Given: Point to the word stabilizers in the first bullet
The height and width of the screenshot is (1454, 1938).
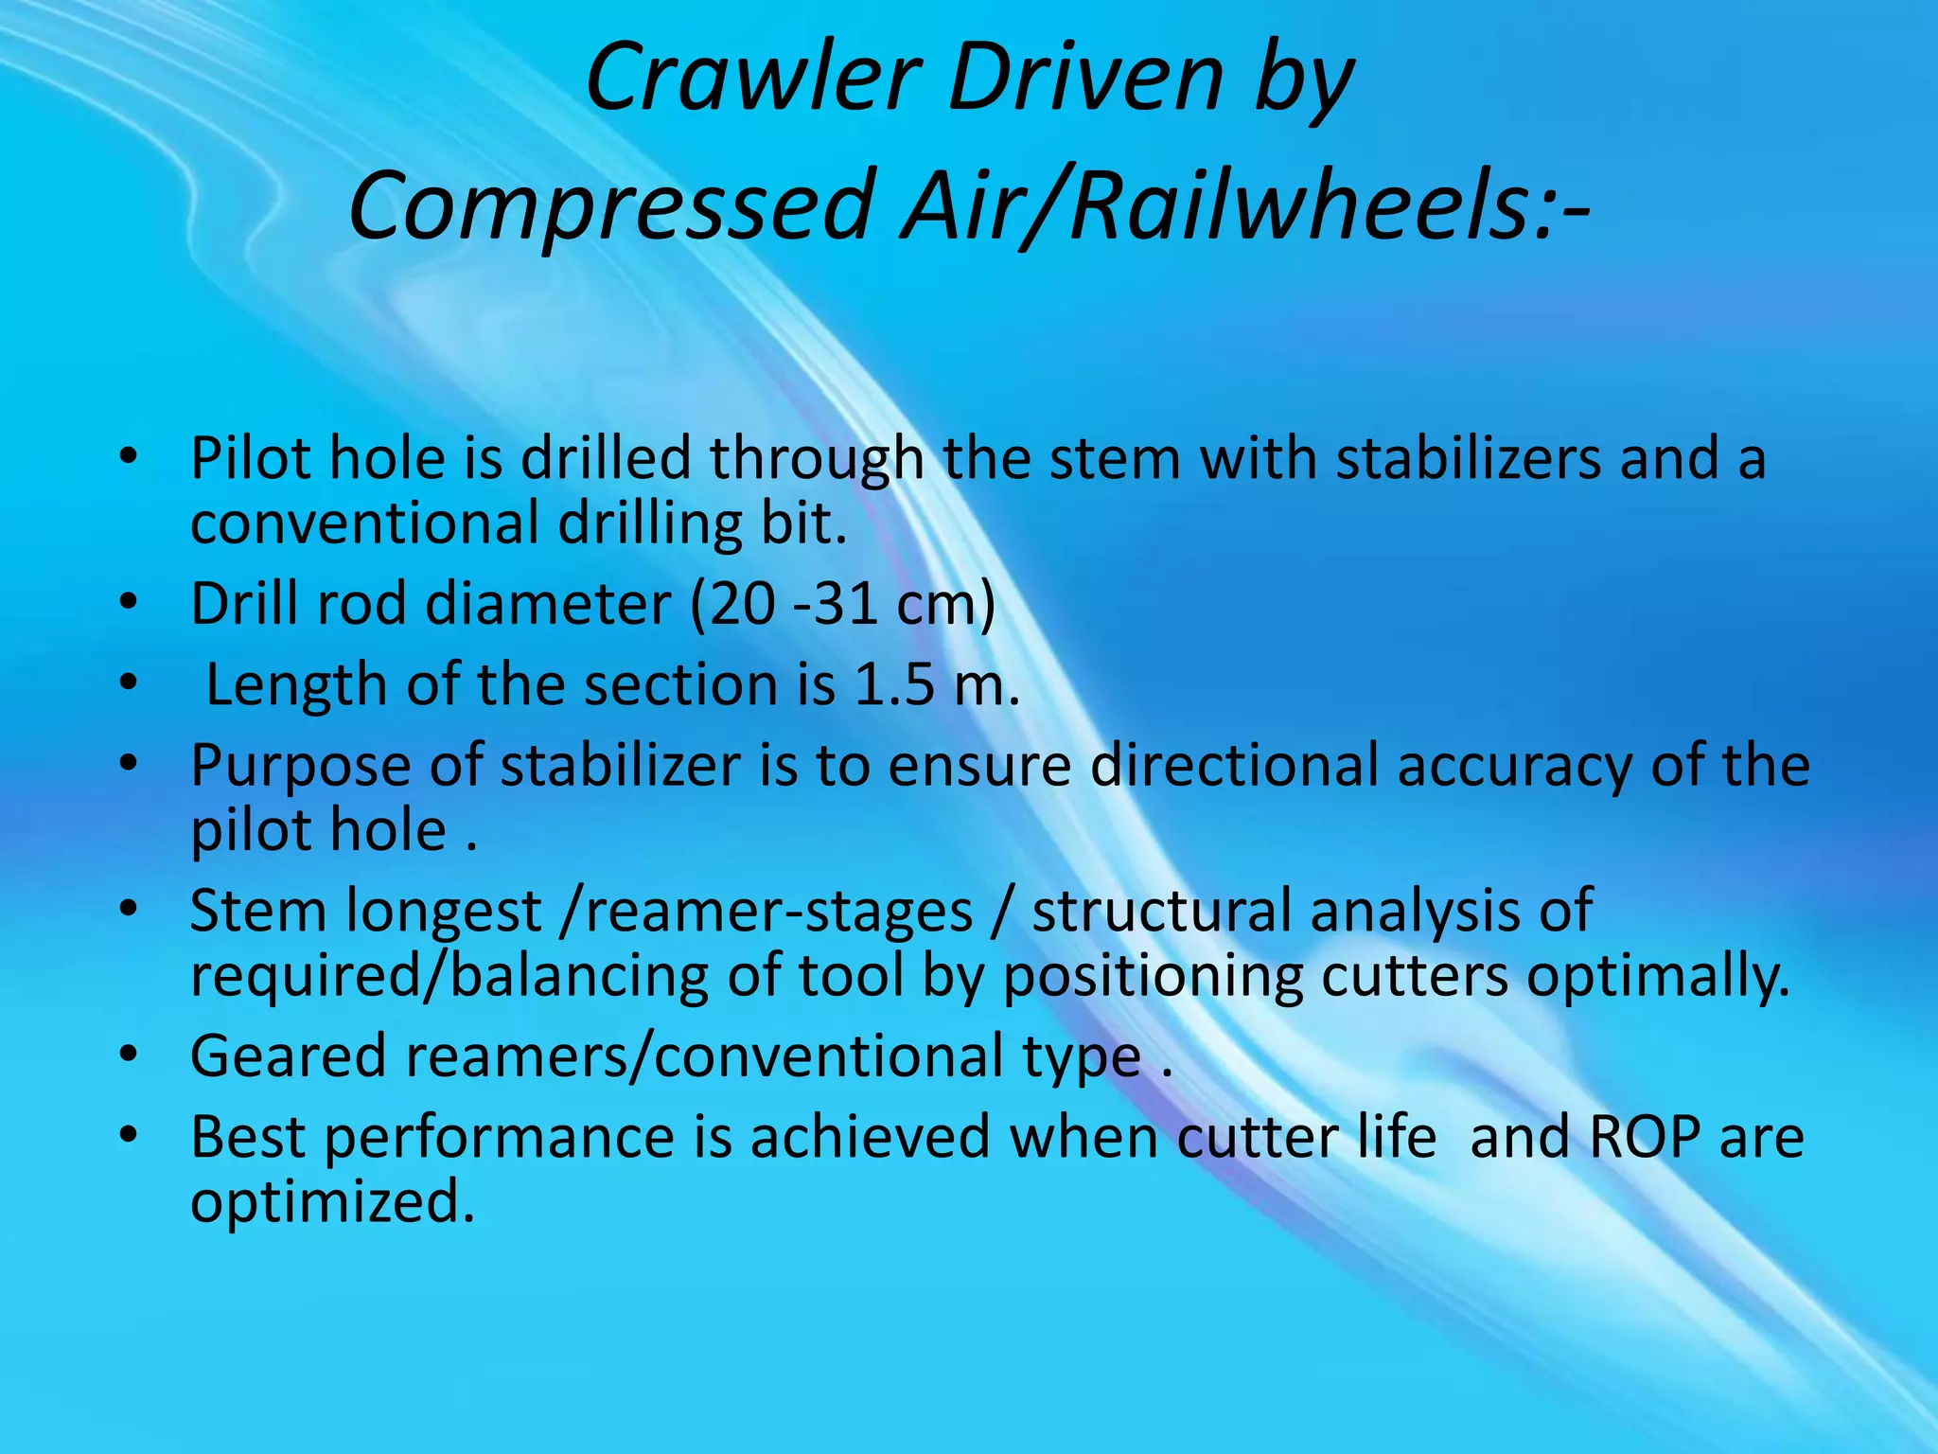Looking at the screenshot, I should [x=1467, y=459].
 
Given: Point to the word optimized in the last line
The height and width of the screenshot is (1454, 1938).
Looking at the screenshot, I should [x=331, y=1202].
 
